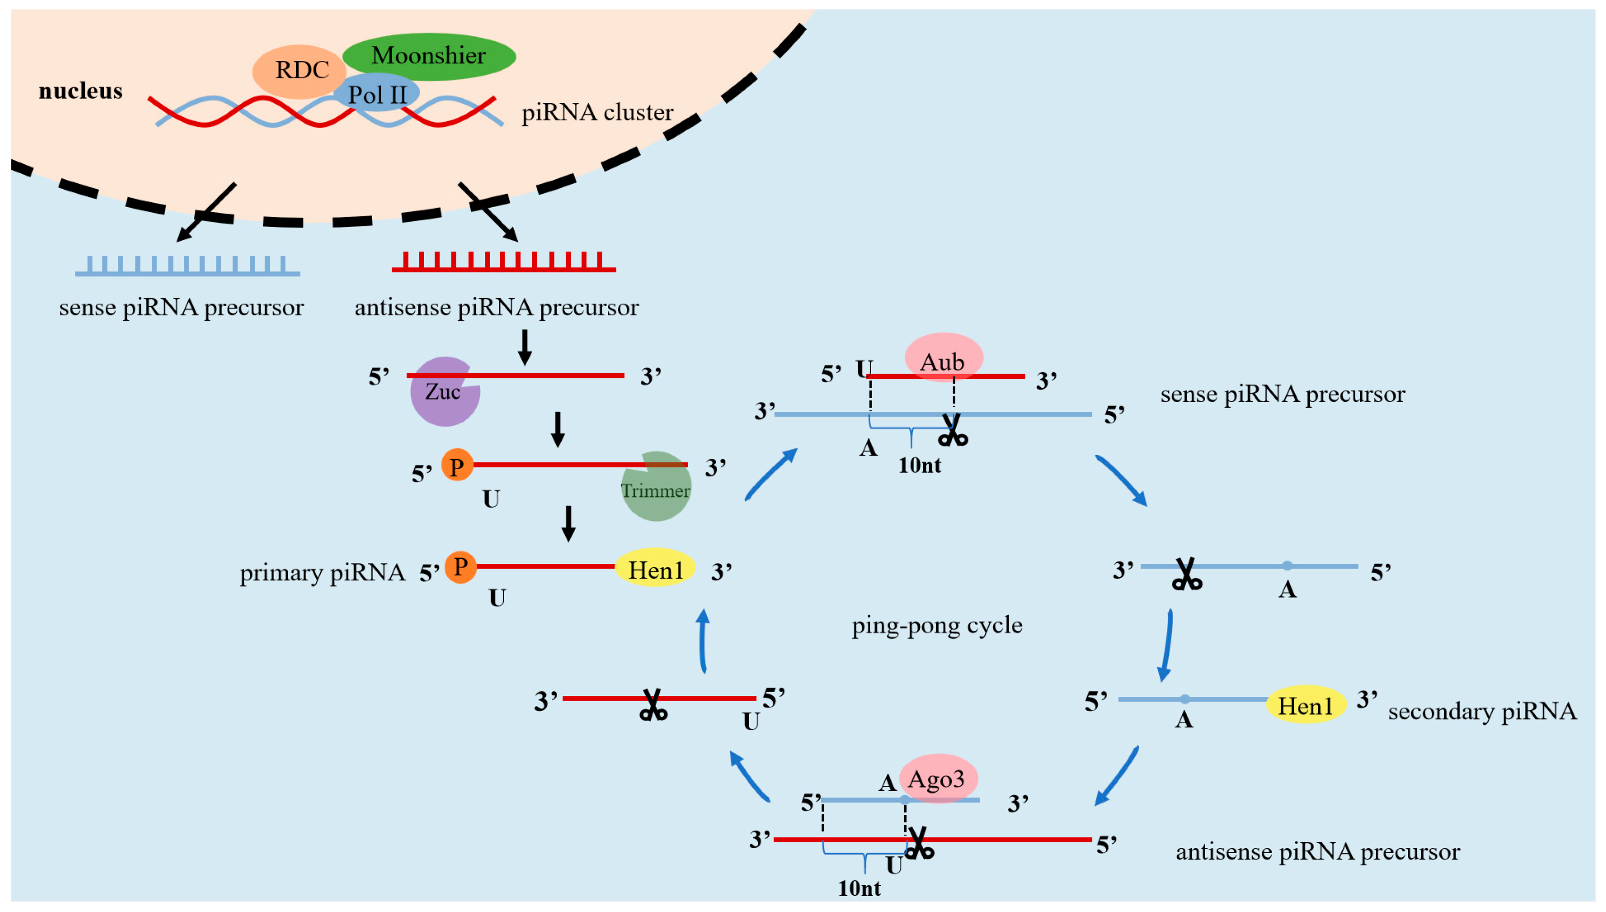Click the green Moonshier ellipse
point(438,55)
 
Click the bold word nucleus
point(80,92)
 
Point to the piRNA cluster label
point(597,113)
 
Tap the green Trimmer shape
point(656,491)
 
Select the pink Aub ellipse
point(943,360)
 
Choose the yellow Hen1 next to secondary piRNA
point(1306,705)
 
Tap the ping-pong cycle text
point(936,625)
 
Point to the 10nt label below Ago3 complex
point(858,888)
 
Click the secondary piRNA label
point(1481,711)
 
